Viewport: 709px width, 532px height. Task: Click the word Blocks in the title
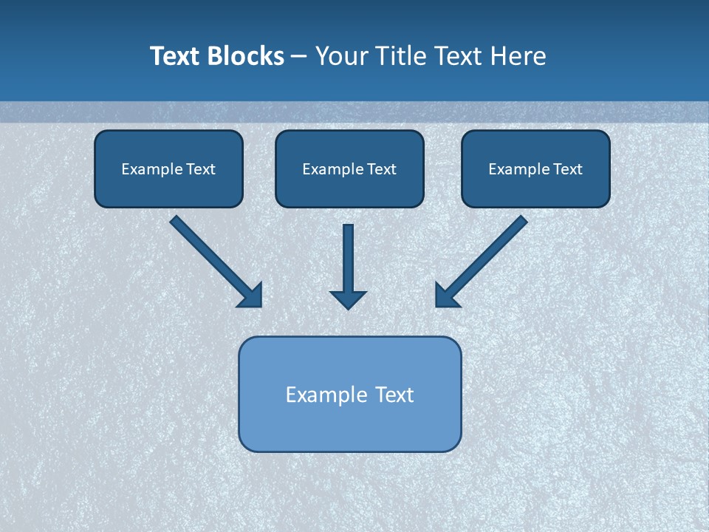244,56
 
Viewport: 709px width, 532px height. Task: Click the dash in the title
299,57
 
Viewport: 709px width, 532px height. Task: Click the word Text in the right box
568,169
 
